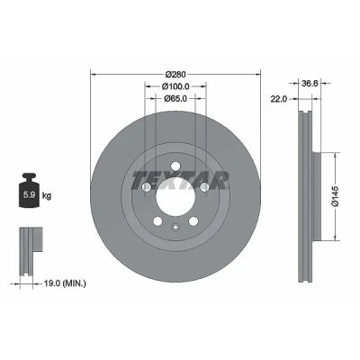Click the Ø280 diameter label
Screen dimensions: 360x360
click(175, 74)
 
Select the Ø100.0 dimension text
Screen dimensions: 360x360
click(175, 86)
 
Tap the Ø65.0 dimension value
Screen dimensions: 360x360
click(175, 98)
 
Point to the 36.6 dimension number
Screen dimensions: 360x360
click(310, 84)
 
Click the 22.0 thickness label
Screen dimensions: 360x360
click(279, 99)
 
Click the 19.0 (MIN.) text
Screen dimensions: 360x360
click(65, 283)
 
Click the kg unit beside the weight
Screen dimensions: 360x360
click(47, 196)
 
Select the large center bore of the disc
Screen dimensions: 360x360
click(175, 196)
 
